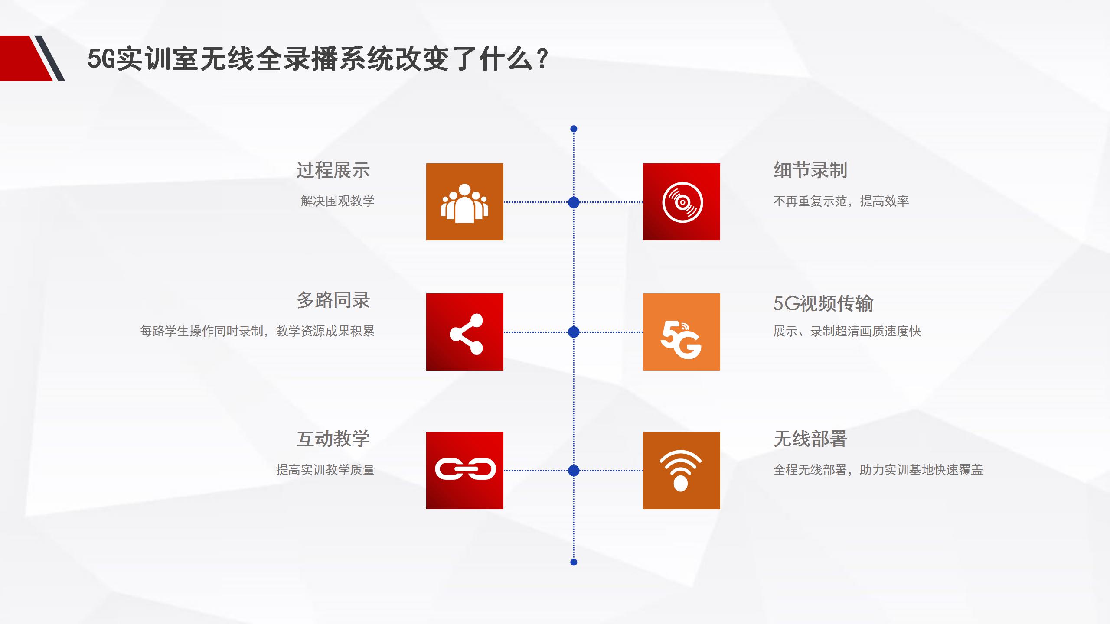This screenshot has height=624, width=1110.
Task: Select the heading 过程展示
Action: [x=333, y=170]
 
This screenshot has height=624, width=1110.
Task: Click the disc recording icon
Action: [x=682, y=202]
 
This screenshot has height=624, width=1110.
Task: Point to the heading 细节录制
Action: [x=810, y=170]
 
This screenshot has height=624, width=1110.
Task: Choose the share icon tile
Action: [x=464, y=332]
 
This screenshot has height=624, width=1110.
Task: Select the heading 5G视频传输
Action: [x=823, y=303]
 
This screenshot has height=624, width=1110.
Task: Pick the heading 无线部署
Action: [x=810, y=439]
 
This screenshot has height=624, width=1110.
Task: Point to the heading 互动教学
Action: [x=333, y=439]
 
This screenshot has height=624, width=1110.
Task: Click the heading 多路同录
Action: [x=333, y=300]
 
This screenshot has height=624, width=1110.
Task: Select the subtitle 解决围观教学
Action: [x=337, y=201]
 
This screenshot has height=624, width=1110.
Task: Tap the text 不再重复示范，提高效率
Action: [x=841, y=201]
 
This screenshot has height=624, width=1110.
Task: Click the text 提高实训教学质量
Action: [x=325, y=470]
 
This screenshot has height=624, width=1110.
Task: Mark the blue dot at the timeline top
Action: [x=574, y=129]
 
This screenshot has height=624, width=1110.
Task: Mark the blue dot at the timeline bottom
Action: [x=574, y=562]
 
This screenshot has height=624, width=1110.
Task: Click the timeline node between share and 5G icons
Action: [x=574, y=332]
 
